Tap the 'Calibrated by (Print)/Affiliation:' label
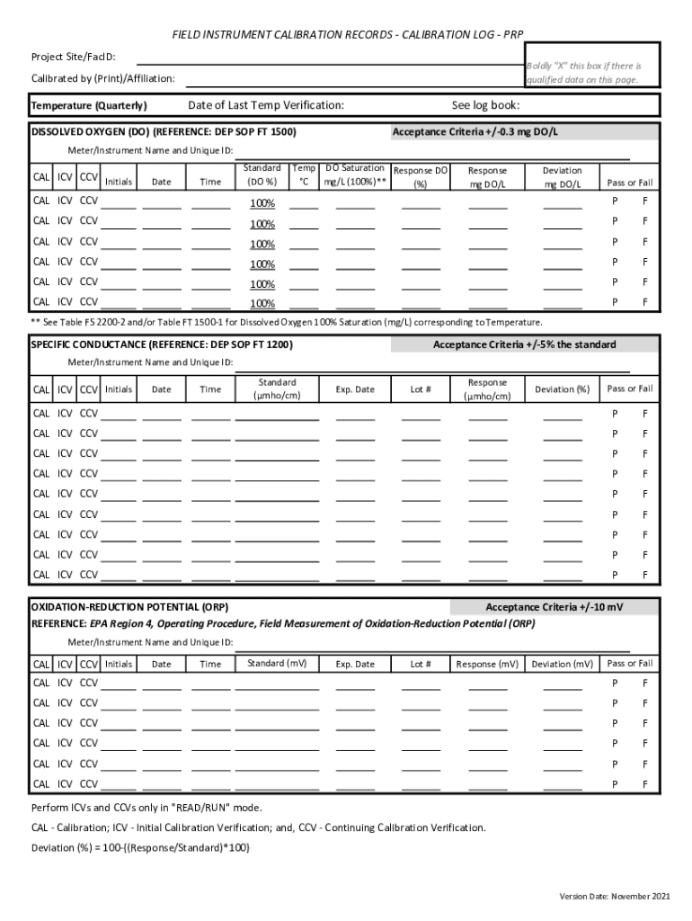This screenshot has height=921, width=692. (x=102, y=80)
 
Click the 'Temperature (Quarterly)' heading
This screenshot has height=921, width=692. (x=89, y=106)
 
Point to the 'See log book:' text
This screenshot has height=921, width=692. (x=485, y=105)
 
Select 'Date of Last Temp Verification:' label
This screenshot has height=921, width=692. (x=265, y=105)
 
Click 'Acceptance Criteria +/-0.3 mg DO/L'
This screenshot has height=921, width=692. (x=475, y=132)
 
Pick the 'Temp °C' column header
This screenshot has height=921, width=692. (x=304, y=174)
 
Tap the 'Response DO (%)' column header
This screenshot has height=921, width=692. (x=421, y=177)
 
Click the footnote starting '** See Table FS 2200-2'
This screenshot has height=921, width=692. (x=287, y=321)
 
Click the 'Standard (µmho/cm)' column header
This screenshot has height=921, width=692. (x=277, y=389)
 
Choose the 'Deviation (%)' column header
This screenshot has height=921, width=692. (x=562, y=389)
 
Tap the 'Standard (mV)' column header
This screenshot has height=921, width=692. (x=277, y=664)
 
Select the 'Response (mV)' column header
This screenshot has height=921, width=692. (x=487, y=665)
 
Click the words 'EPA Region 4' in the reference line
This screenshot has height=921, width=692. (x=120, y=622)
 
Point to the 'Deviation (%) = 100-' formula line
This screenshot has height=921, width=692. (x=140, y=847)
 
